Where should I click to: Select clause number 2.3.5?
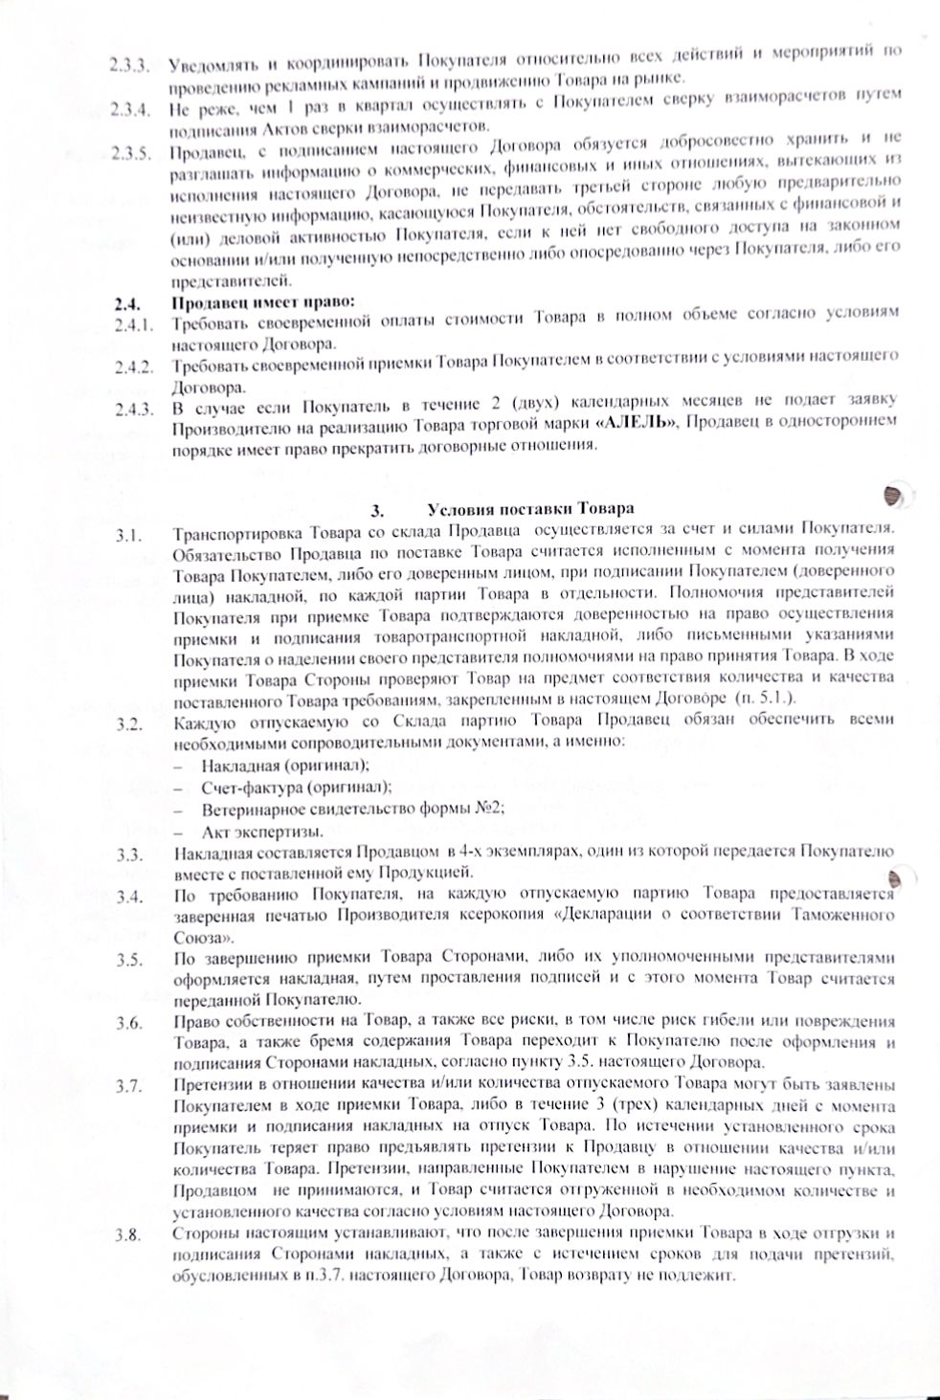[128, 153]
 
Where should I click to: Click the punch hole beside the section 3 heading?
[895, 494]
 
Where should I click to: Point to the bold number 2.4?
[124, 305]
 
